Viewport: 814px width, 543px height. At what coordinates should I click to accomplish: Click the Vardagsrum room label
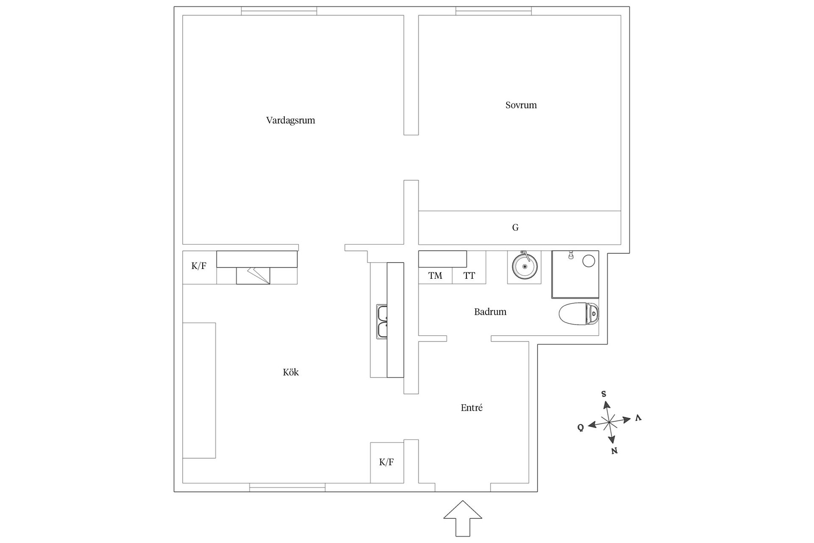[x=290, y=120]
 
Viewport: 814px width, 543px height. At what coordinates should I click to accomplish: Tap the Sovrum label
[x=521, y=105]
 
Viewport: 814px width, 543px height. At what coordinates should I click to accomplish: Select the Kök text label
[x=291, y=372]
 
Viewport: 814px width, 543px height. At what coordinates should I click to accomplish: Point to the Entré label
[x=471, y=408]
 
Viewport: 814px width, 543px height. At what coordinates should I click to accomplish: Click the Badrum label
[x=490, y=312]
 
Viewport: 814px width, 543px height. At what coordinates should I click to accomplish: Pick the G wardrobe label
[x=515, y=228]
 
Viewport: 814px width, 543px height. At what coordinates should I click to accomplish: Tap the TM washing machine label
[x=435, y=276]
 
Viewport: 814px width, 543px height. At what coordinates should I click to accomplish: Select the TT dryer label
[x=469, y=276]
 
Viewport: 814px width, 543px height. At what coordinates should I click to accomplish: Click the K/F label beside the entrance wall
[x=386, y=462]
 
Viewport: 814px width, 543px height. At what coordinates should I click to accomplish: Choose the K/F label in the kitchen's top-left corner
[x=199, y=266]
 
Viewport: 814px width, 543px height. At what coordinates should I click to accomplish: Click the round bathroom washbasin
[x=524, y=266]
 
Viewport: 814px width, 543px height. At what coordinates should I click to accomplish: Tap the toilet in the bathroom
[x=579, y=314]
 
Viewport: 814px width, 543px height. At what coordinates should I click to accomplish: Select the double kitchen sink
[x=382, y=322]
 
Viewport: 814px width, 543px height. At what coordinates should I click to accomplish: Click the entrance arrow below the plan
[x=463, y=518]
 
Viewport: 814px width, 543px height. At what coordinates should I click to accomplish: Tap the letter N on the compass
[x=614, y=451]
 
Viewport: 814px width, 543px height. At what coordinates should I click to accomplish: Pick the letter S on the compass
[x=604, y=394]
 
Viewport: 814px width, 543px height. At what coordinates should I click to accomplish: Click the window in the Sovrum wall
[x=493, y=11]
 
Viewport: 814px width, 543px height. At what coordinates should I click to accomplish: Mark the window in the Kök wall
[x=287, y=487]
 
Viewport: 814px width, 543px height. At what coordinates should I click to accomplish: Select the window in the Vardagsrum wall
[x=279, y=11]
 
